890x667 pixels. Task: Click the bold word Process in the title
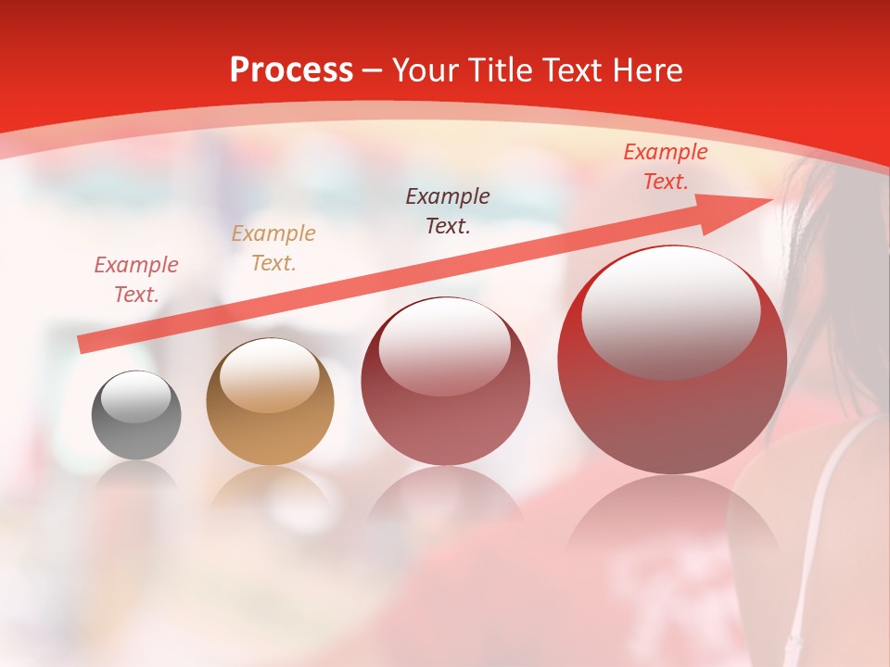[291, 70]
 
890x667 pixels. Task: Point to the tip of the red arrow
[771, 198]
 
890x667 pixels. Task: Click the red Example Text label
[665, 167]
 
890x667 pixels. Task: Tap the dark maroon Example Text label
[448, 210]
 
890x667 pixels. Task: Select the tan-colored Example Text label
[273, 248]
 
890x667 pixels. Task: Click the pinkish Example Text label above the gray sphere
[136, 280]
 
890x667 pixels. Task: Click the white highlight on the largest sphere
[670, 313]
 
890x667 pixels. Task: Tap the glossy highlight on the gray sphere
[136, 396]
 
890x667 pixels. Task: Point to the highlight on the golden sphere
[270, 374]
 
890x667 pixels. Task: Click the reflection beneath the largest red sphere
[672, 519]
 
